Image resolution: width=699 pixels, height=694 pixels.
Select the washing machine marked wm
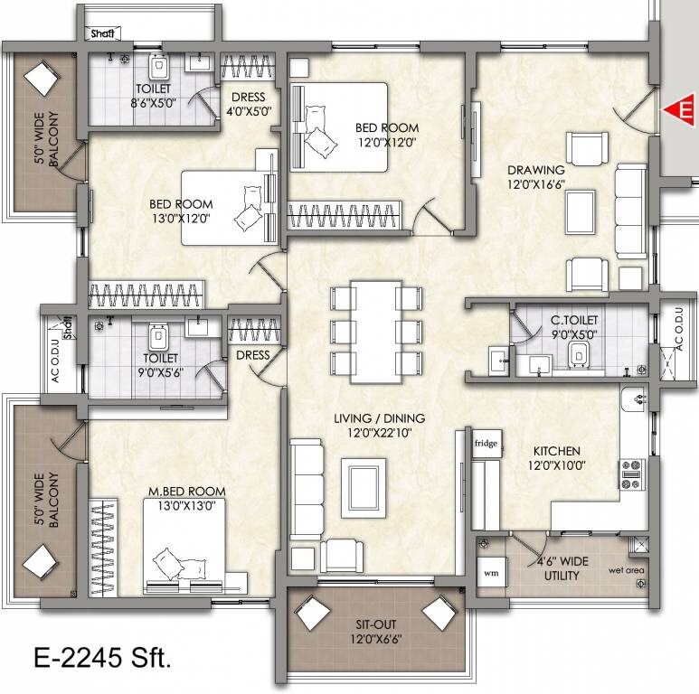491,572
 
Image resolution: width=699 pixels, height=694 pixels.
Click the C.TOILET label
571,319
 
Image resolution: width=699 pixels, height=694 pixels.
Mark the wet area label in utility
626,570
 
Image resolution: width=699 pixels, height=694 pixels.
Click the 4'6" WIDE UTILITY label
562,567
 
